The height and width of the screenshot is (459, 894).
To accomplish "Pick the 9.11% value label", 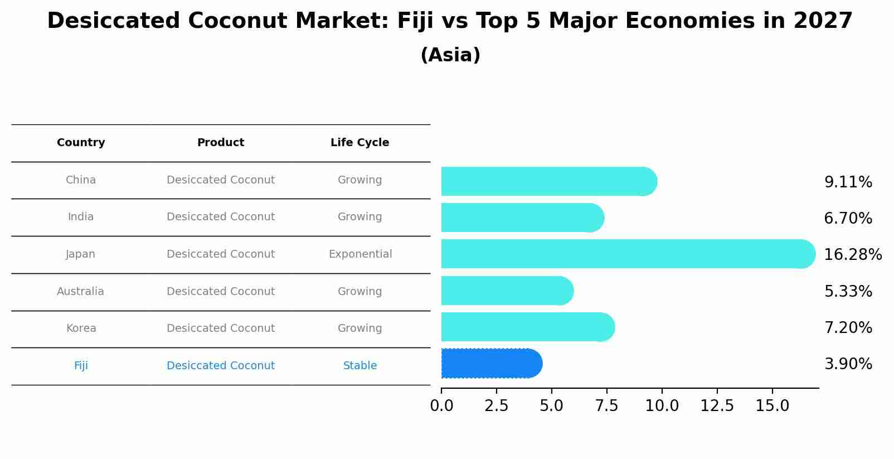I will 848,182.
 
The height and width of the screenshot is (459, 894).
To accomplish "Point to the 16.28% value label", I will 853,255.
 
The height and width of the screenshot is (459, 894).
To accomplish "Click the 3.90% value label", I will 848,364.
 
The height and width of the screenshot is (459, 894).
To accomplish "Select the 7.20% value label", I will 848,328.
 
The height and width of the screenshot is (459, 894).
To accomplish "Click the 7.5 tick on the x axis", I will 606,406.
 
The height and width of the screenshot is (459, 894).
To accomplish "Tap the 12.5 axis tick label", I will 717,406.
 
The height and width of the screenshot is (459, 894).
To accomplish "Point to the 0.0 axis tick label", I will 441,406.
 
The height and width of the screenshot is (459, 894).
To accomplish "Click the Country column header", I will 81,143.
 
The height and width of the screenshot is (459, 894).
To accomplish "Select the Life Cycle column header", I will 359,143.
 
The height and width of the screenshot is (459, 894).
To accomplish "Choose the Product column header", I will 221,143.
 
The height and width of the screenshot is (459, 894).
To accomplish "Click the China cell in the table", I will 81,180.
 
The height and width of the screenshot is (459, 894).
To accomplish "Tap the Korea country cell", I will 81,328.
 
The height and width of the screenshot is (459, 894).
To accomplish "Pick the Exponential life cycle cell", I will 360,254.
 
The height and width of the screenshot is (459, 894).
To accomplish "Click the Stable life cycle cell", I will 360,366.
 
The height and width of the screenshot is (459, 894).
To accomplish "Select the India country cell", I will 81,217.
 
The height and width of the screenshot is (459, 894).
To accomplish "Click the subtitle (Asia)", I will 450,55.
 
